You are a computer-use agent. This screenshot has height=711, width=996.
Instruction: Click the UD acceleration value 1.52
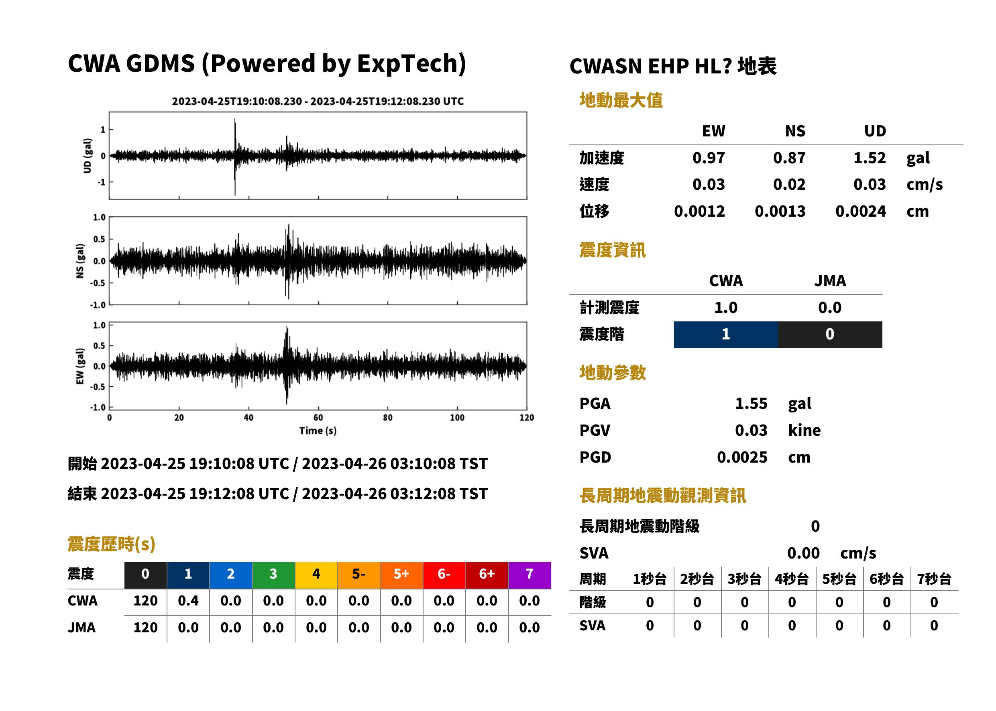point(870,158)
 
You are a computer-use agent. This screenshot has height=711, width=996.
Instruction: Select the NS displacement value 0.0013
point(780,211)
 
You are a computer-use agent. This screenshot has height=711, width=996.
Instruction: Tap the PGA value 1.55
point(751,403)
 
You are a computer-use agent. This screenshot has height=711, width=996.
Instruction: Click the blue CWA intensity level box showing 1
point(726,335)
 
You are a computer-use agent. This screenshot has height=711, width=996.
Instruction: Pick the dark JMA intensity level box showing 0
point(830,335)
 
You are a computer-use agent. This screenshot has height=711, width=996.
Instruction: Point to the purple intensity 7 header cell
point(530,575)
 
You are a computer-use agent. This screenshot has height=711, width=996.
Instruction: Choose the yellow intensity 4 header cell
point(316,575)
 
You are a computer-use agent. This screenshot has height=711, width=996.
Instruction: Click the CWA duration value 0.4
point(188,601)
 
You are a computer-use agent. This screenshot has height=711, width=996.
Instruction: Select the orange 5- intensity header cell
point(359,575)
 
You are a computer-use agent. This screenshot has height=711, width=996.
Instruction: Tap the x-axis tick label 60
point(318,418)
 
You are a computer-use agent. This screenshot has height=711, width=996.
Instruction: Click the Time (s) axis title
point(318,431)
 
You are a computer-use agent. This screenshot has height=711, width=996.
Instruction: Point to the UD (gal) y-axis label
point(88,155)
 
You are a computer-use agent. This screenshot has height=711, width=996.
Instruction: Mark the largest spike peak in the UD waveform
point(235,119)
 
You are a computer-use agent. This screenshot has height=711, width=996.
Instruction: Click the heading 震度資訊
point(612,250)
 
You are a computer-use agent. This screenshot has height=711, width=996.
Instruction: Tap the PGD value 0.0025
point(742,457)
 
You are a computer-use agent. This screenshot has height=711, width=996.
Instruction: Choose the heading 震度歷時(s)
point(111,544)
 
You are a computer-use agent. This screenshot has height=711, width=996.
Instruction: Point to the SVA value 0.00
point(803,553)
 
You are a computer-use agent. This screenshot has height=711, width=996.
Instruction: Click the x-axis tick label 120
point(526,418)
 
